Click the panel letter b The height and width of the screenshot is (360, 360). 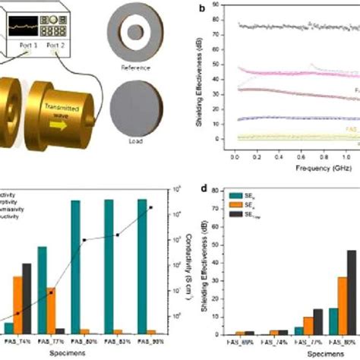point(201,8)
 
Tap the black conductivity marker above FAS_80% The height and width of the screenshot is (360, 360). point(84,240)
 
